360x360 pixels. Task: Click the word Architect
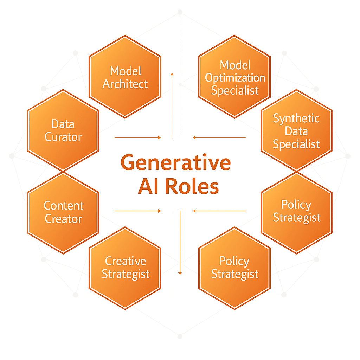(125, 84)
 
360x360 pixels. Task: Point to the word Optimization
(235, 78)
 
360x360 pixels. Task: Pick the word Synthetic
(296, 118)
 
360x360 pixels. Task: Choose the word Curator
(63, 137)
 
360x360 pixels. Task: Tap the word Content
(63, 205)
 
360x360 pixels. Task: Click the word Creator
(63, 219)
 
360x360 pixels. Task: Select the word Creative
(126, 261)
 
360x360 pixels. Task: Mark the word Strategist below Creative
(126, 274)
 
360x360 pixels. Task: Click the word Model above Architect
(126, 71)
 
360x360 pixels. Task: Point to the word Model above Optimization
(235, 65)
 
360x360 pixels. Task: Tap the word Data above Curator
(63, 124)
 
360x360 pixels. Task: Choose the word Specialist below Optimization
(235, 91)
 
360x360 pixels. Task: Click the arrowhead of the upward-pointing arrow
(172, 74)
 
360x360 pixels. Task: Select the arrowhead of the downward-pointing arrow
(180, 273)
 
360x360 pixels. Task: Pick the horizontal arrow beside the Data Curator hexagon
(137, 137)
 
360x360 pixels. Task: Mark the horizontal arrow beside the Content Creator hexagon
(137, 211)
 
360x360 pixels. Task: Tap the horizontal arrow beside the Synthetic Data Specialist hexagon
(219, 137)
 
